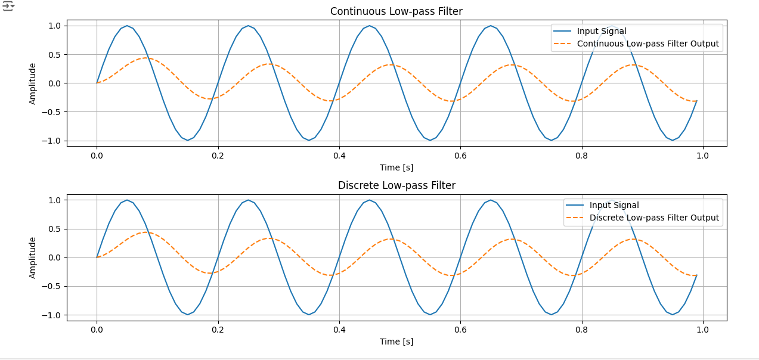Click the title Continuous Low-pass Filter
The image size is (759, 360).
coord(396,11)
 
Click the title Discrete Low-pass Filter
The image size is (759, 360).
coord(396,185)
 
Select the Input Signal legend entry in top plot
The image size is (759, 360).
coord(602,31)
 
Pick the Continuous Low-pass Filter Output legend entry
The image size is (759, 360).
coord(648,44)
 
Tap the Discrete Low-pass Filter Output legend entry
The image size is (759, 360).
coord(654,218)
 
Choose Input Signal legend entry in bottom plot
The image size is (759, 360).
coord(614,205)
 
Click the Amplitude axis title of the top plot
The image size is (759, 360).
coord(33,83)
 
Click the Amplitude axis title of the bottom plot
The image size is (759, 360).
coord(33,257)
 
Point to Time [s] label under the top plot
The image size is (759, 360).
coord(396,167)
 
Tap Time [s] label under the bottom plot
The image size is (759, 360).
coord(396,342)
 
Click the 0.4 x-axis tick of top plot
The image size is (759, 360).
coord(339,155)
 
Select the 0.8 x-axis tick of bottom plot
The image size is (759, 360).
coord(581,329)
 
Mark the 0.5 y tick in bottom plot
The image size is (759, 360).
coord(55,229)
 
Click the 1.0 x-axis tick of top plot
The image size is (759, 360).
coord(702,155)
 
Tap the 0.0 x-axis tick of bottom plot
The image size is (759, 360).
coord(97,329)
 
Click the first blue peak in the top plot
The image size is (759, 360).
coord(127,26)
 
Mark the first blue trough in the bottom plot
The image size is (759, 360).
coord(188,314)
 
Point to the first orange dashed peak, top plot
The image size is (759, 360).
coord(145,58)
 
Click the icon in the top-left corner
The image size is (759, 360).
coord(8,5)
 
